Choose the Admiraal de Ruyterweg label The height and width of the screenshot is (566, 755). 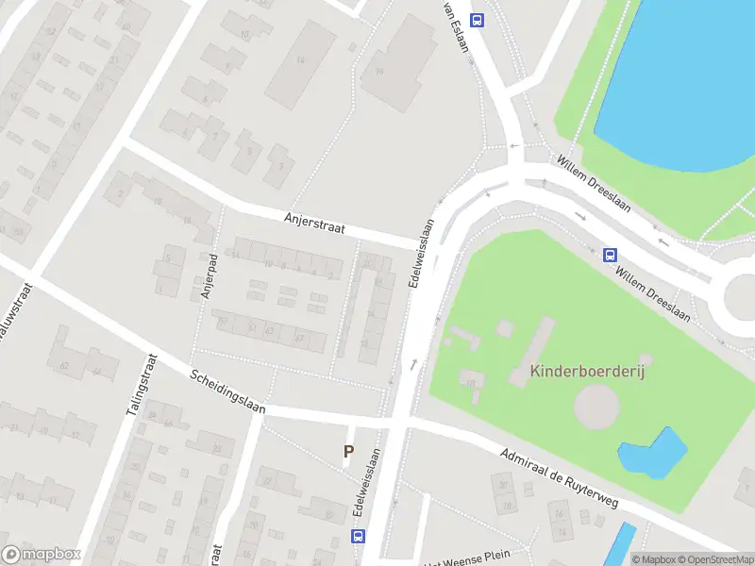pos(559,478)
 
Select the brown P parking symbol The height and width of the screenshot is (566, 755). pos(348,452)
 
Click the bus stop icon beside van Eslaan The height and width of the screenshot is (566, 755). pos(478,20)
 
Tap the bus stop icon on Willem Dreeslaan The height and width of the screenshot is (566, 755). pos(610,254)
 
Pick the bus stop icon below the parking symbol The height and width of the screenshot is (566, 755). pos(358,536)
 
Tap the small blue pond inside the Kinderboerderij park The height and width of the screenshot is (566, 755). pos(653,452)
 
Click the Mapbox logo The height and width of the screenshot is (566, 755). pos(42,554)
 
